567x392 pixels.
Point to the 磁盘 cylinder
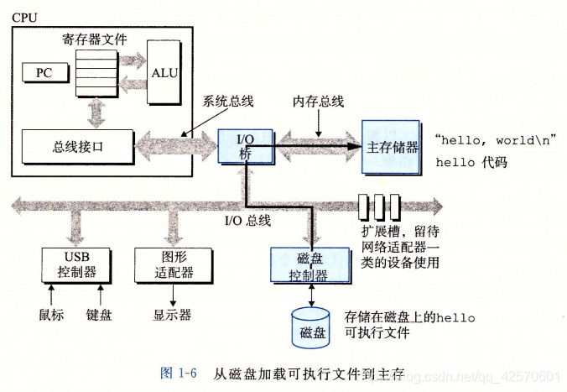click(312, 328)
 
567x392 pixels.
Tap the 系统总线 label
click(227, 102)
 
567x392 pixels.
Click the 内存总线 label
click(318, 102)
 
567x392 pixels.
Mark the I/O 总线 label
click(247, 221)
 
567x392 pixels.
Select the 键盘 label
click(101, 315)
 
